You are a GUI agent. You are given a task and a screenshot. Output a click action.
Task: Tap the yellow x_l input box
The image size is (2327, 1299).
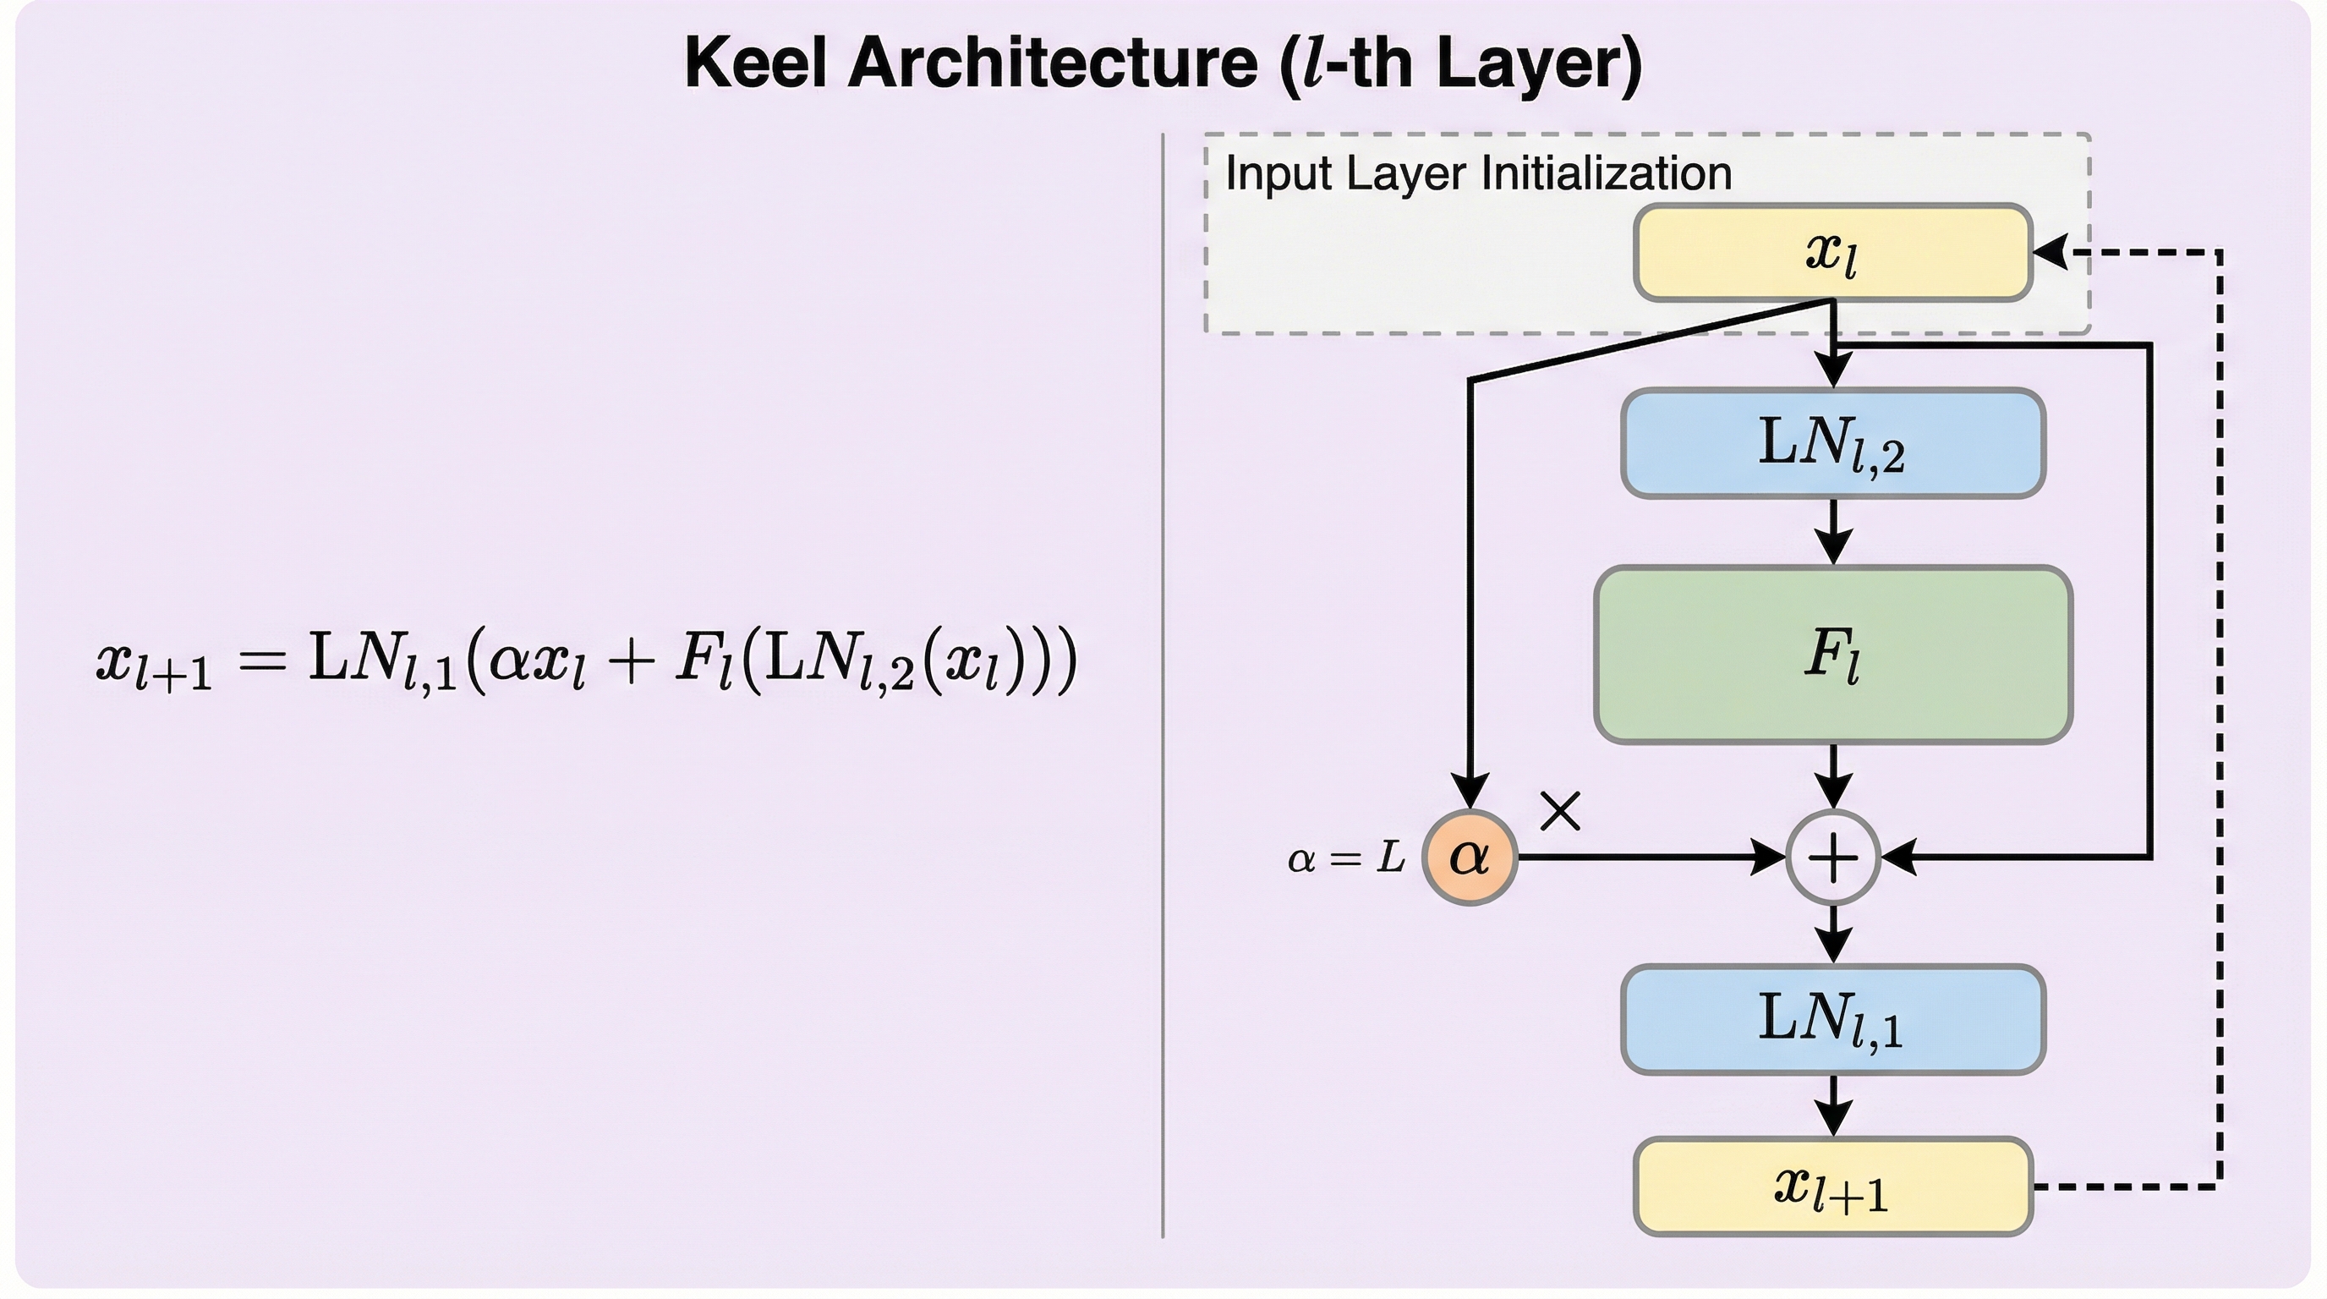click(x=1833, y=252)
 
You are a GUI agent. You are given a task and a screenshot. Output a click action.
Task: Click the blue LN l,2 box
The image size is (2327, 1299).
click(x=1833, y=443)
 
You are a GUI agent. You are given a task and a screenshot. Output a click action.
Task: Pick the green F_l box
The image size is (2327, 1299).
click(x=1833, y=655)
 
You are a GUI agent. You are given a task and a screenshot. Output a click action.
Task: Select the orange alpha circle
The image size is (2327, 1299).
click(x=1470, y=857)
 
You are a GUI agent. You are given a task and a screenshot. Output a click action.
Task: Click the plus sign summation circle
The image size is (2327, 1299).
click(x=1833, y=858)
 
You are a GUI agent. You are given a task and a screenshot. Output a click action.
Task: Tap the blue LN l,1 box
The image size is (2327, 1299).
click(x=1833, y=1020)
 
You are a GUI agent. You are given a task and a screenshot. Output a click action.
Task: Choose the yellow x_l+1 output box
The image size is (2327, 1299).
click(x=1833, y=1186)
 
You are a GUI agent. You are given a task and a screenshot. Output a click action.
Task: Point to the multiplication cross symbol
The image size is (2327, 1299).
click(x=1560, y=810)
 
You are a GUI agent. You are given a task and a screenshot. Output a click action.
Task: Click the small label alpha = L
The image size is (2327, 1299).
click(x=1346, y=858)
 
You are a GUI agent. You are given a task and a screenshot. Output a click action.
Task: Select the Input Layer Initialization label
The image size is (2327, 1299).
click(x=1478, y=173)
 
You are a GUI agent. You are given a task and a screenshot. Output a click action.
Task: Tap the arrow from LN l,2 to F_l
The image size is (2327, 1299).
click(x=1833, y=533)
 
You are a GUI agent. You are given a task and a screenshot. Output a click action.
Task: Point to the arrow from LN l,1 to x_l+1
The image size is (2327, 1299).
click(x=1833, y=1106)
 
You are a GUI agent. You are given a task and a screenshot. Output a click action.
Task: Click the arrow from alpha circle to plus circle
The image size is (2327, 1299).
click(x=1653, y=857)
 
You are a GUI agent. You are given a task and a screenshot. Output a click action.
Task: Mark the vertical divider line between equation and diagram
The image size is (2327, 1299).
click(x=1163, y=687)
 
